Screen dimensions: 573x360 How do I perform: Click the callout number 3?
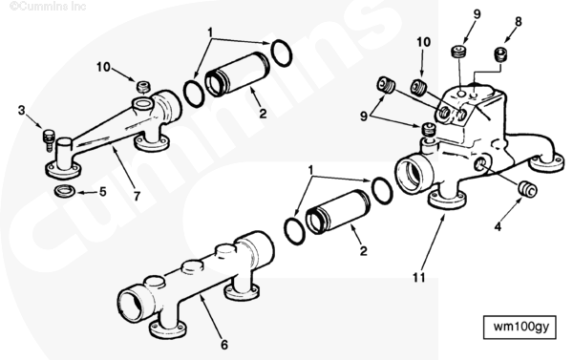point(22,110)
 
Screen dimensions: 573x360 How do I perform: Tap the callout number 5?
point(103,191)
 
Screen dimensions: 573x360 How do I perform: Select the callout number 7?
point(137,197)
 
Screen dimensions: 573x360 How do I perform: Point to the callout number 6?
point(224,345)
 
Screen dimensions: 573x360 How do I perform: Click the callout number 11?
point(419,278)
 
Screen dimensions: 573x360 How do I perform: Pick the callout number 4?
point(498,227)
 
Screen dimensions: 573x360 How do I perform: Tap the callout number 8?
point(519,22)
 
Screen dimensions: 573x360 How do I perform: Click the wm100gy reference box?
point(520,328)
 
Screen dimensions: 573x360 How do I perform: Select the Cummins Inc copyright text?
point(48,7)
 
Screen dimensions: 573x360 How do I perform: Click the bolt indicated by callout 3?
point(49,139)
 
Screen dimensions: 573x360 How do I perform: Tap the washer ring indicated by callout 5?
point(65,191)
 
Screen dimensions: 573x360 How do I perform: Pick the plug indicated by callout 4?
point(528,188)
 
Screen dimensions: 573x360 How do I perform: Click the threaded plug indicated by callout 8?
point(501,54)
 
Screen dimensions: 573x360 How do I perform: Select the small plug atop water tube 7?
point(143,87)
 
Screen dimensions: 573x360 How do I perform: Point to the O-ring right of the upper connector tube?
point(281,53)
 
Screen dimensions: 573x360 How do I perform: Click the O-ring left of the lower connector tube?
point(293,231)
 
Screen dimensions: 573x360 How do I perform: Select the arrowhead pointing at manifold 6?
point(202,300)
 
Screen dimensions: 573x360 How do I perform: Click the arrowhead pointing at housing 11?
point(444,218)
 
